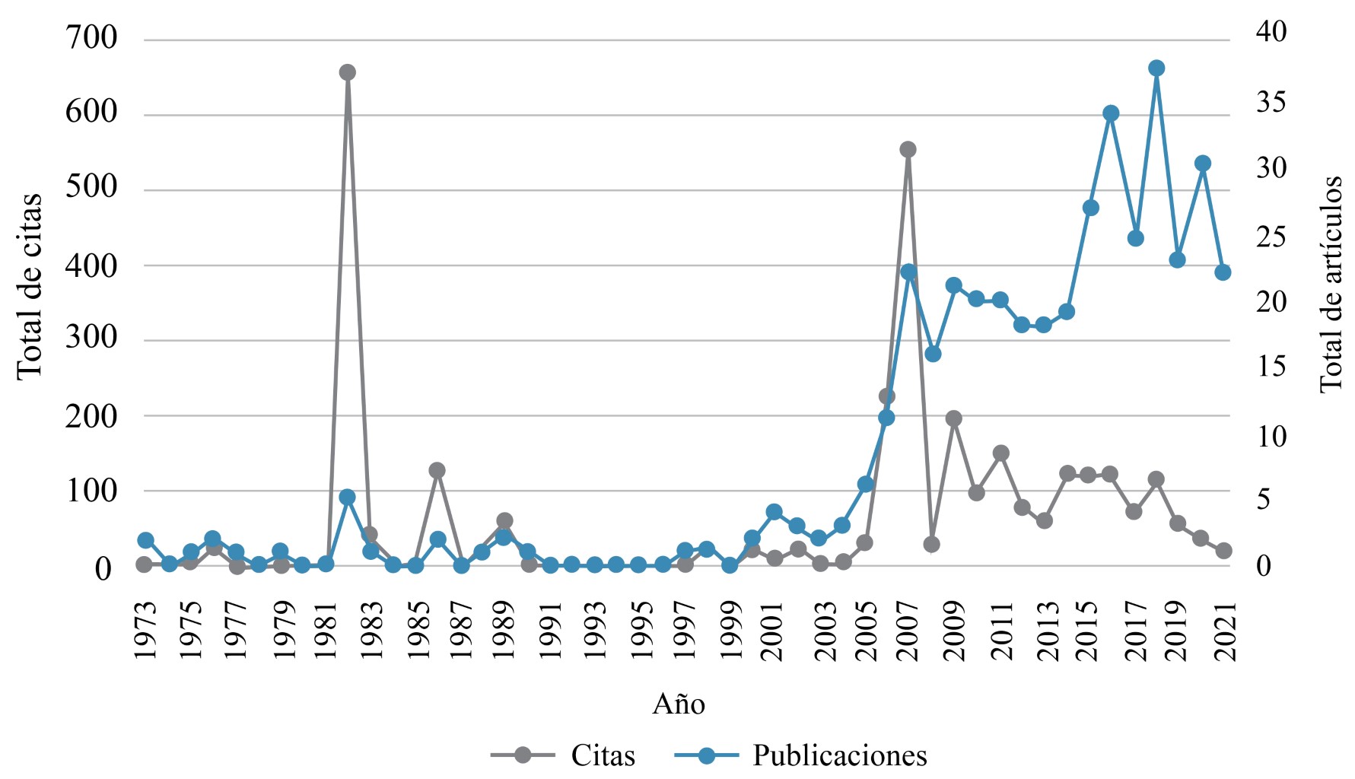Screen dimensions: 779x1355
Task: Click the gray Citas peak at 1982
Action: (347, 73)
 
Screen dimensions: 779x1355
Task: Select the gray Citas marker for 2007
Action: (908, 150)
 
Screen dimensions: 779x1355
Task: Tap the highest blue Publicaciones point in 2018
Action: (1156, 68)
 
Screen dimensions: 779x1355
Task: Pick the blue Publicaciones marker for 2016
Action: (1111, 113)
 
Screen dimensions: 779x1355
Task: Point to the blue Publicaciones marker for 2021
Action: (1223, 272)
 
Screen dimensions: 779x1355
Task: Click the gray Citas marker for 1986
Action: (437, 470)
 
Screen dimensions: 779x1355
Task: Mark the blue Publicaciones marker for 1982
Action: (347, 498)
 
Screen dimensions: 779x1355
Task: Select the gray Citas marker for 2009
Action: (954, 418)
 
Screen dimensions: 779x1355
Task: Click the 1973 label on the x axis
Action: (145, 631)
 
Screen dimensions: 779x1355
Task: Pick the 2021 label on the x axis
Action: (1224, 631)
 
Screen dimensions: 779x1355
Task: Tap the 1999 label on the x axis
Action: (730, 631)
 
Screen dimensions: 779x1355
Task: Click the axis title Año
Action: (679, 704)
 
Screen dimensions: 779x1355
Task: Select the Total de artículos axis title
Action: (1331, 285)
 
